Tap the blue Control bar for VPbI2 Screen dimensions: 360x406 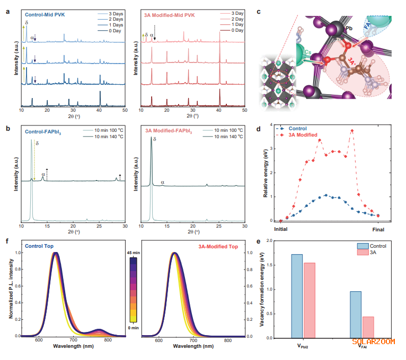(x=297, y=296)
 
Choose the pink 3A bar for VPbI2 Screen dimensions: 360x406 (x=309, y=300)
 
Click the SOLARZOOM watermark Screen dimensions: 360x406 (x=374, y=341)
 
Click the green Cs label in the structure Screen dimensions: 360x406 (x=308, y=52)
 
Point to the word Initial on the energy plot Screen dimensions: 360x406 (x=280, y=230)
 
